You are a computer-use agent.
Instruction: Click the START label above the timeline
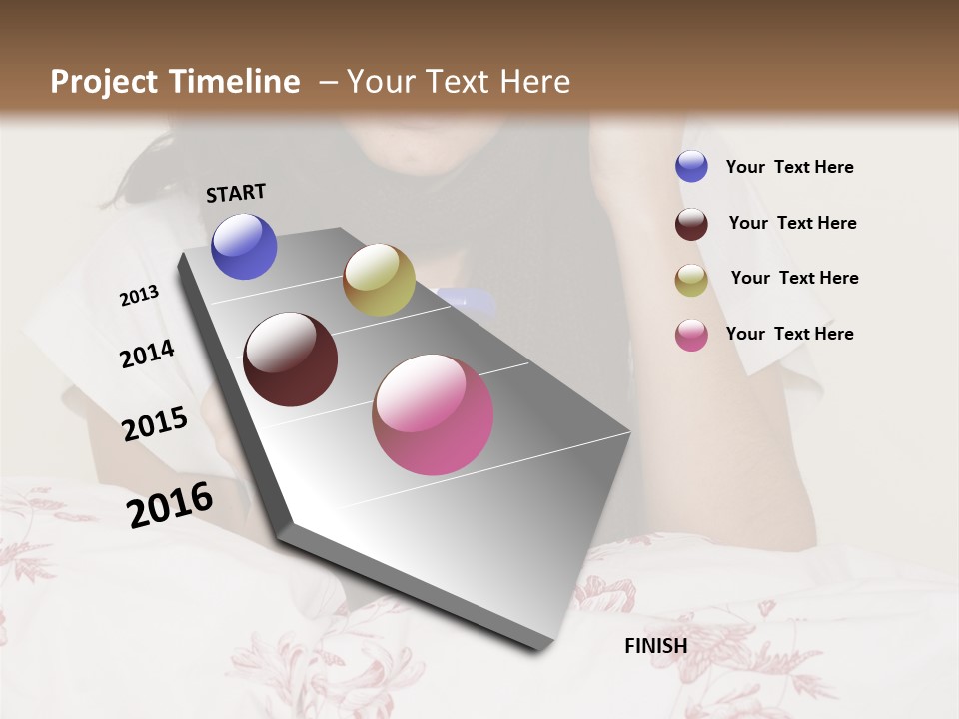point(236,193)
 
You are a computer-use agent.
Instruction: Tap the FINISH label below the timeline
point(655,646)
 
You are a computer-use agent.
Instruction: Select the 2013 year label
point(140,296)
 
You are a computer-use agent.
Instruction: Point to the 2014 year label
point(147,354)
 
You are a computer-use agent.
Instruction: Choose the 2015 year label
point(155,424)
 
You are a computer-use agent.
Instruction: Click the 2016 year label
point(170,504)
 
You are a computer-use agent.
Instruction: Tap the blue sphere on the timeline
point(244,246)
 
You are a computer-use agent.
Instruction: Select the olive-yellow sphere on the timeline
point(379,280)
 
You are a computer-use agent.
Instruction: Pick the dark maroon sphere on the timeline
point(291,359)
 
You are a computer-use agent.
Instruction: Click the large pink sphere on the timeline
point(433,414)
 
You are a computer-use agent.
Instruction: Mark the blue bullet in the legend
point(691,166)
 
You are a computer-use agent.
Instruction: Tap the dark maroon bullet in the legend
point(691,224)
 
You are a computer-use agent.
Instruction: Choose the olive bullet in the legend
point(691,280)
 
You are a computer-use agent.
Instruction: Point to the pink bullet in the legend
point(691,335)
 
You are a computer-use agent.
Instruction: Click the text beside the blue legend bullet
point(789,167)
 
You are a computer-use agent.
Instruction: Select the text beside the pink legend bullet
point(789,334)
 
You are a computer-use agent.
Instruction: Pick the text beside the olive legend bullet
point(794,278)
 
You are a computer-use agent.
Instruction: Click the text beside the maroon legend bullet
point(792,223)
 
